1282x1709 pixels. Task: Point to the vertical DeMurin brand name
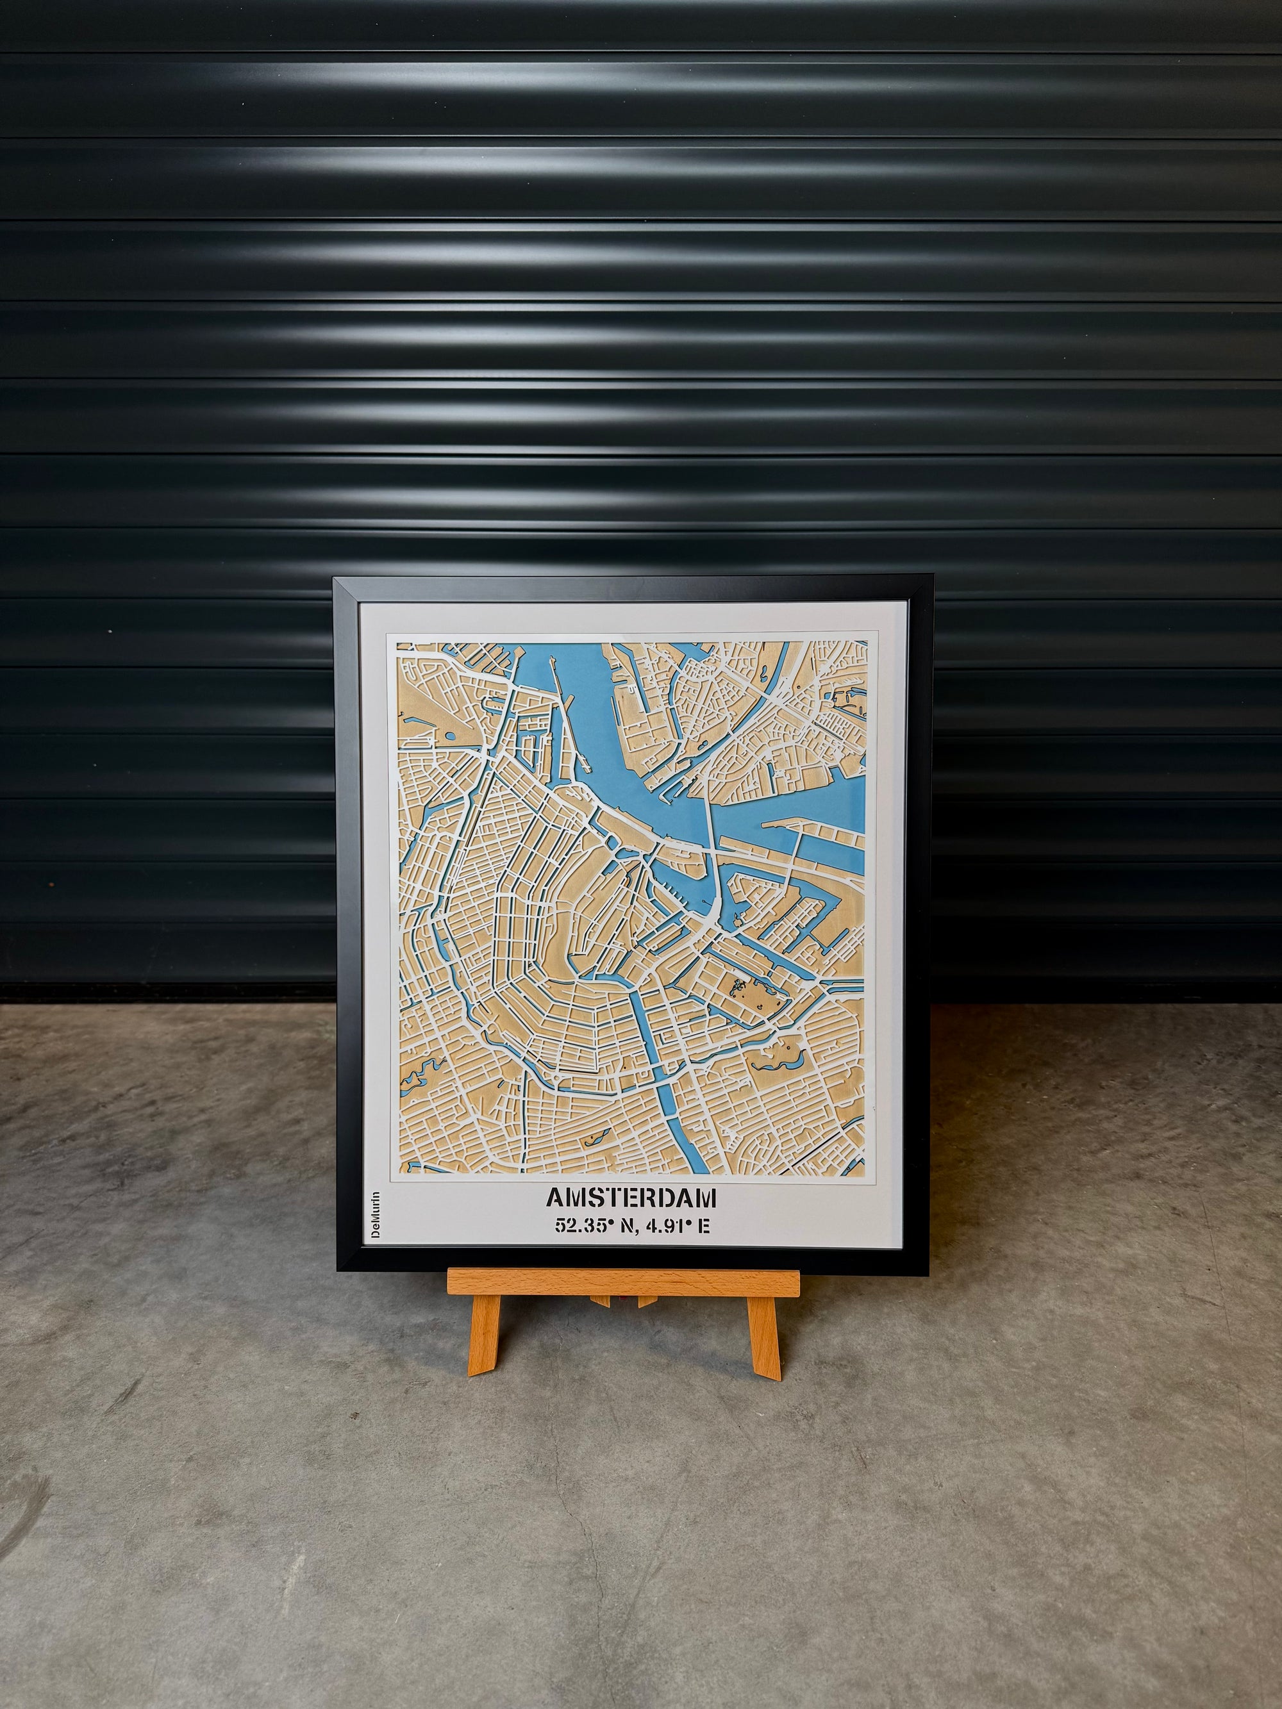(x=376, y=1216)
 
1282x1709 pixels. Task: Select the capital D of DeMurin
(x=376, y=1233)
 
